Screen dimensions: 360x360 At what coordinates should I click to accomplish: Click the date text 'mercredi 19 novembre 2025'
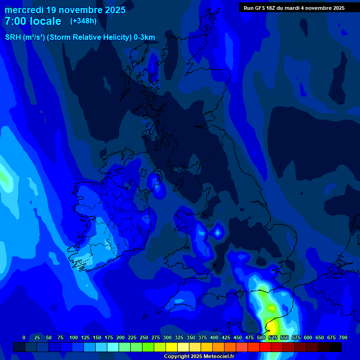click(x=65, y=10)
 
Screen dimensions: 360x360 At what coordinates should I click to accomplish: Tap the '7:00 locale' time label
click(x=33, y=21)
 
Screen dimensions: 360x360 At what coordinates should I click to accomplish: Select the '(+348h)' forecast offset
click(x=83, y=21)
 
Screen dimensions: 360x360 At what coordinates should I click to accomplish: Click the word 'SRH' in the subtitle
click(x=13, y=37)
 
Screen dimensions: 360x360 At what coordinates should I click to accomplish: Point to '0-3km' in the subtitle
click(x=144, y=37)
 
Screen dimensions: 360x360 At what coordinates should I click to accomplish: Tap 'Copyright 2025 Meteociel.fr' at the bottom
click(x=199, y=356)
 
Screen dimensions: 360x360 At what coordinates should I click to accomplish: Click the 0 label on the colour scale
click(x=24, y=337)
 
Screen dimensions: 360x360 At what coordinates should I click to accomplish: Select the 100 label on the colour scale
click(x=74, y=337)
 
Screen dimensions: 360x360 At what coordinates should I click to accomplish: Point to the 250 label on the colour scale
click(x=144, y=337)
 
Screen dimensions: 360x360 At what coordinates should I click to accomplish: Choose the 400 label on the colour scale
click(x=214, y=337)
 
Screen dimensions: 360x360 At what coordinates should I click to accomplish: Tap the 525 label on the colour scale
click(x=273, y=337)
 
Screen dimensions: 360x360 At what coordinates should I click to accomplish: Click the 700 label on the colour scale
click(x=343, y=337)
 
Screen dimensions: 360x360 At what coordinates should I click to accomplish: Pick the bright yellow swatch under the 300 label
click(x=172, y=347)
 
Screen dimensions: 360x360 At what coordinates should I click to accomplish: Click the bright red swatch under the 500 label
click(x=254, y=347)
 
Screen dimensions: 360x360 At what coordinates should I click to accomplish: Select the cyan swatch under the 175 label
click(x=113, y=347)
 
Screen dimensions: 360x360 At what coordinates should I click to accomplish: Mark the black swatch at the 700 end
click(x=336, y=347)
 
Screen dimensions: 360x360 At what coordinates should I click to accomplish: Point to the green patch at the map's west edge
click(x=4, y=179)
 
